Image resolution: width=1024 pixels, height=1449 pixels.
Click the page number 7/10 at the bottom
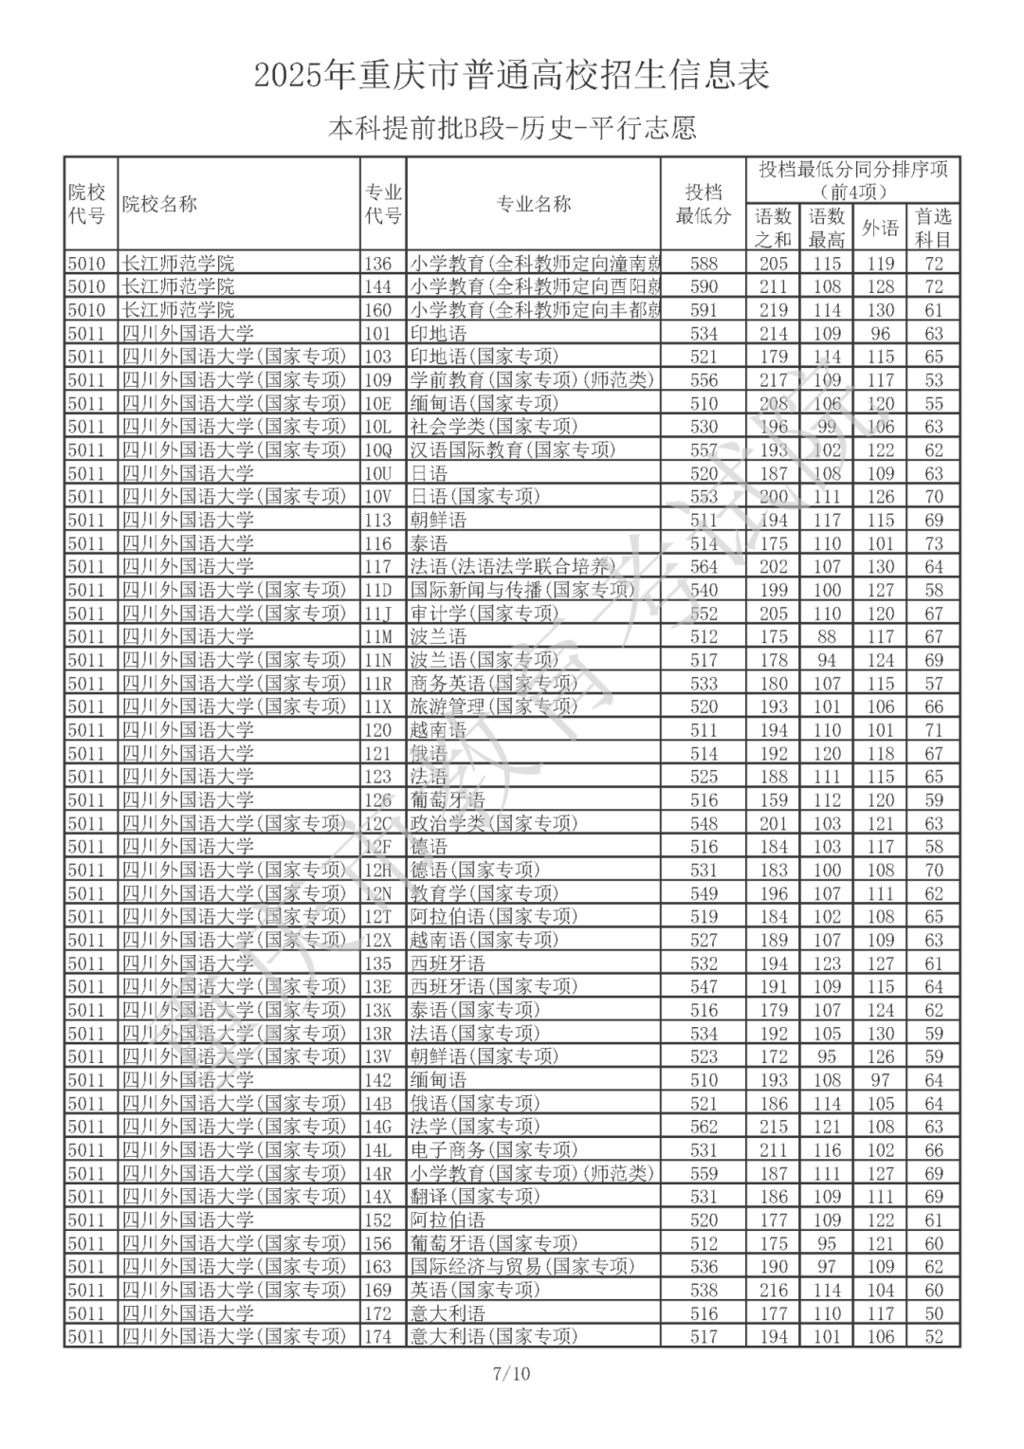512,1372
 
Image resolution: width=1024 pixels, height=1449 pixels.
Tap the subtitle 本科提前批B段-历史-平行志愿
512,128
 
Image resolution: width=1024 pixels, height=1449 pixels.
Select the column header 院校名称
159,204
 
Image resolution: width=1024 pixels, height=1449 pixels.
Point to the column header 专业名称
534,204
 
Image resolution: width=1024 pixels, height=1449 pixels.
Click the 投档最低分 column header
704,204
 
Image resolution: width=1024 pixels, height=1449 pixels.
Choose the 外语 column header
880,228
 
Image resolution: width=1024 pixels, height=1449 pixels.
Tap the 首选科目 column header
933,228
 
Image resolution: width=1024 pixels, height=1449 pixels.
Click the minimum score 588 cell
704,264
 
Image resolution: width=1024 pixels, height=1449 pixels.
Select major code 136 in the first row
378,264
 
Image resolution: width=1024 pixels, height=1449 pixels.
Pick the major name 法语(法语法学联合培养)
513,567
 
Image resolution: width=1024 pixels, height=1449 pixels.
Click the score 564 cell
704,567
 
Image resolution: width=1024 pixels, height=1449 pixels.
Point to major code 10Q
378,450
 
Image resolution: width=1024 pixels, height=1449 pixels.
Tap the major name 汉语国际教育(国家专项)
513,450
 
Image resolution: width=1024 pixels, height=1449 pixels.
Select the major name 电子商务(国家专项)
494,1150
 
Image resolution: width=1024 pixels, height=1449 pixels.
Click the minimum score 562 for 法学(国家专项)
704,1127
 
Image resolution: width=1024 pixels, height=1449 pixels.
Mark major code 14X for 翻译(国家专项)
378,1197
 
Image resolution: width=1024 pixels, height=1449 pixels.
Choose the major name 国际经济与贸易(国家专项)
522,1267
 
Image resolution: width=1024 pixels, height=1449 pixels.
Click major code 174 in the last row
378,1337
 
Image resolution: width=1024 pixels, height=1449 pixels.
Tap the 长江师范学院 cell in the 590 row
178,286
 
